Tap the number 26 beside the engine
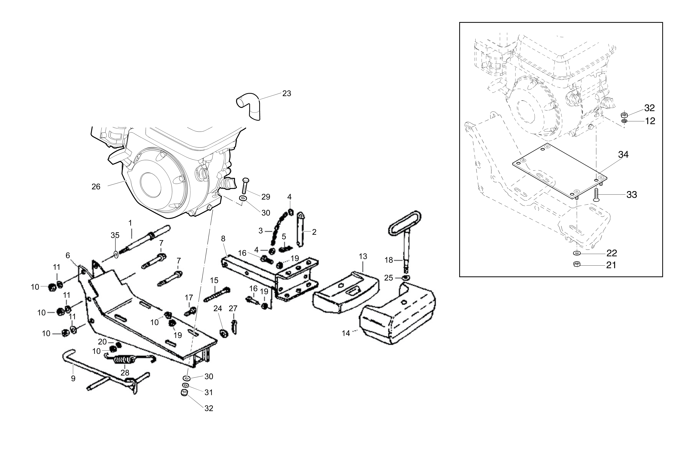click(x=96, y=187)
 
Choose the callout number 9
click(x=73, y=378)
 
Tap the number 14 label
click(x=346, y=333)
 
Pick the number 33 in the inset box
click(x=632, y=194)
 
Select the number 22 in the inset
click(x=612, y=253)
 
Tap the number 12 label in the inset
click(x=650, y=121)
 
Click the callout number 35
click(x=115, y=235)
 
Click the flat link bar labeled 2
click(x=300, y=229)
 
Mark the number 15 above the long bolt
click(x=214, y=280)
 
